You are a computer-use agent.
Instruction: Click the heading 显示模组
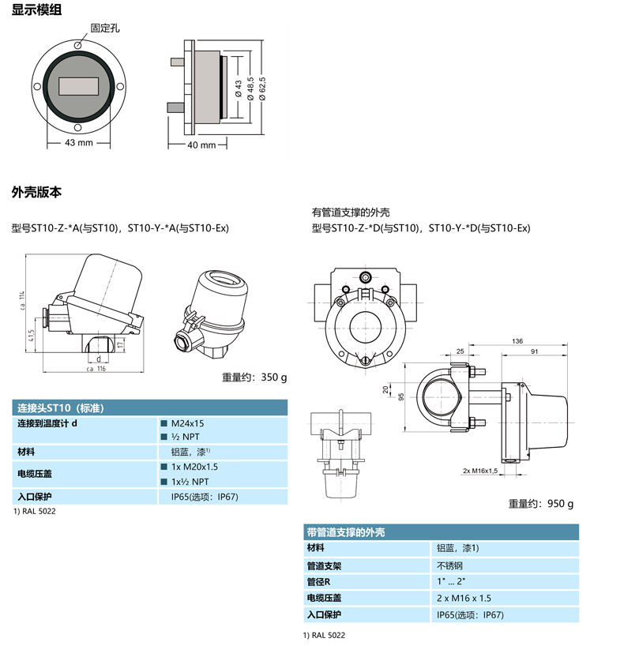36,9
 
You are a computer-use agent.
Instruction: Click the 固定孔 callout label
105,28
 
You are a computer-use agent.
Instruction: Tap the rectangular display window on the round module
78,86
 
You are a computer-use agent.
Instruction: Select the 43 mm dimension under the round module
79,143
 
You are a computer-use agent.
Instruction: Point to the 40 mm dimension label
201,145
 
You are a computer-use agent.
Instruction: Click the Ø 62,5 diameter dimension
262,88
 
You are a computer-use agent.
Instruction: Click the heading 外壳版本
36,192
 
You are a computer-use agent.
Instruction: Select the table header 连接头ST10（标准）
61,408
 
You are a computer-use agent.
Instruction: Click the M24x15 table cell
187,423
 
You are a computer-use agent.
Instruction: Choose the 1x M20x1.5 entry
194,467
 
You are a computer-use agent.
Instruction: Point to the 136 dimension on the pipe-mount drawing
517,340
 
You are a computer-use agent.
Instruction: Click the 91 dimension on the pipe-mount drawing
534,351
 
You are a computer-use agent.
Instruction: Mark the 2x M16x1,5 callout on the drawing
480,471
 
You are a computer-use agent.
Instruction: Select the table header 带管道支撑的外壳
346,532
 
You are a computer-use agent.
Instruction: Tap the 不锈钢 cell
449,565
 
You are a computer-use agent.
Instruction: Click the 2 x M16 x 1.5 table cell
464,598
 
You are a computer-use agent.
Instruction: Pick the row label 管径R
318,582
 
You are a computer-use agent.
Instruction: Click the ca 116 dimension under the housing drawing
96,369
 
